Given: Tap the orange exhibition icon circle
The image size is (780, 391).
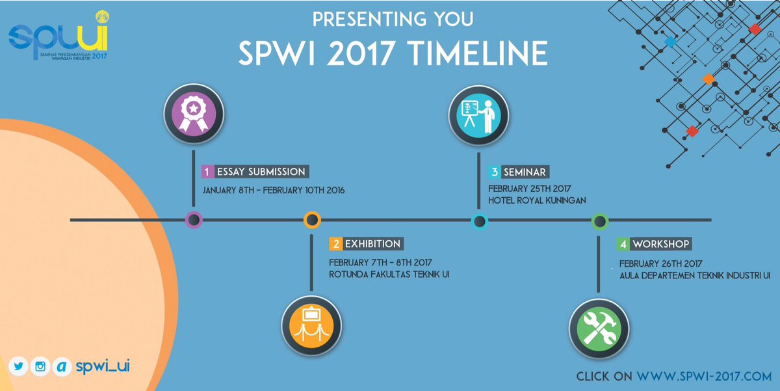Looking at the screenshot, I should tap(311, 322).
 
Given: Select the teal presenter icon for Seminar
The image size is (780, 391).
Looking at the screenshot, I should tap(479, 114).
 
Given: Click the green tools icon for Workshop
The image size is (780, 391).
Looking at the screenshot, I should tap(598, 323).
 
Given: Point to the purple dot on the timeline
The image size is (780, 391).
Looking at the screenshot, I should tap(193, 220).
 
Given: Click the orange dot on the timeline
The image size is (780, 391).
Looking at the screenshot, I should tap(311, 220).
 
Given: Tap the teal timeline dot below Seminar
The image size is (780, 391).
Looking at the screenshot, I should tap(479, 221).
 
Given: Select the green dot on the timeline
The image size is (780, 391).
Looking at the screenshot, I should tap(599, 221).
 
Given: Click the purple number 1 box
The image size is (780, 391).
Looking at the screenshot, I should tap(207, 172).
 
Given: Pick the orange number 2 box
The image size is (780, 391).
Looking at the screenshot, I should tap(335, 244).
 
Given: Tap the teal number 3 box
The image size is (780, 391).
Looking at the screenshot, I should tap(495, 172).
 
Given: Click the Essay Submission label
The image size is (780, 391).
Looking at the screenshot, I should tap(261, 172).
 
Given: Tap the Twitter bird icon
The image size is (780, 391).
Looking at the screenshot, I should tap(18, 366).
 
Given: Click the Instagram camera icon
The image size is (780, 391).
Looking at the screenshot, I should tap(40, 366).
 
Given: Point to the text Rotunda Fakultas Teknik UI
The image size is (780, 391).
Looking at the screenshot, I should tap(389, 274).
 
